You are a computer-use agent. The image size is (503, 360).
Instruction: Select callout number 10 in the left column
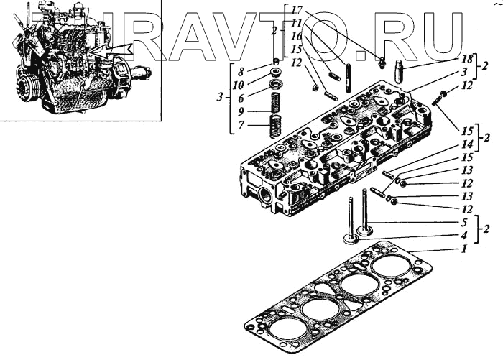(x=241, y=84)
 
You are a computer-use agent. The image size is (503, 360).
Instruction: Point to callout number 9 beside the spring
(x=241, y=111)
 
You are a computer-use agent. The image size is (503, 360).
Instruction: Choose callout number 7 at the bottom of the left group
(x=241, y=125)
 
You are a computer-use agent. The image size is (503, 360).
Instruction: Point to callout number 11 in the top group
(x=295, y=22)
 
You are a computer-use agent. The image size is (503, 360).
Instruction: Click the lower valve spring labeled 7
(x=274, y=128)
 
